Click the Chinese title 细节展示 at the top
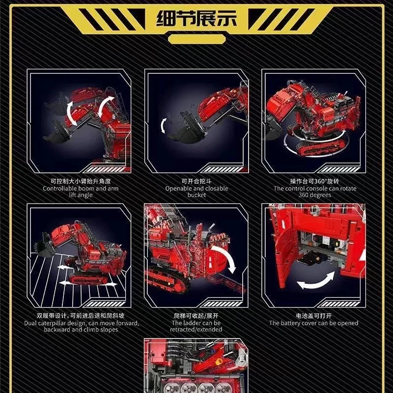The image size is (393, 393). (196, 19)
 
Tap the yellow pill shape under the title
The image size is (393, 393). (197, 39)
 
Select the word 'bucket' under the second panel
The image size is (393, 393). (197, 195)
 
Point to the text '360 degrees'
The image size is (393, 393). (315, 195)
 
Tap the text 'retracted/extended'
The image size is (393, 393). (196, 329)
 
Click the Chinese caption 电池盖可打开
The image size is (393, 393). (314, 316)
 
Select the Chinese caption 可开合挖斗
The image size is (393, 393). (197, 181)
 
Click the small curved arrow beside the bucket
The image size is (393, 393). (164, 126)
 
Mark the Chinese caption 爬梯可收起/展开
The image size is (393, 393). (196, 316)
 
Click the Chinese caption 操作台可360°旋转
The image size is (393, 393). (315, 181)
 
